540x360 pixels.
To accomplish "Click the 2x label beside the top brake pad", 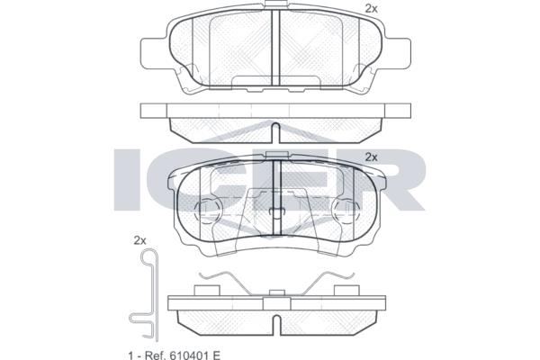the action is (371, 9).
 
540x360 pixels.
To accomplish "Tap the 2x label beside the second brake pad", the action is (371, 157).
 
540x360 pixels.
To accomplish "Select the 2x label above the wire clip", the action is (139, 240).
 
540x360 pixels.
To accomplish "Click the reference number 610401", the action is (189, 355).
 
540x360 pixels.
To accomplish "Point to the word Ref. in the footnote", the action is (155, 355).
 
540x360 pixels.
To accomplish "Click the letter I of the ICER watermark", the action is (128, 179).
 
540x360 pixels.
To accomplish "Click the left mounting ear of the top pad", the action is (154, 54).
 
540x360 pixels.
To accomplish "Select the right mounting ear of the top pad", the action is (398, 54).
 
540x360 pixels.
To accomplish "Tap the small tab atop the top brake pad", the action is (276, 4).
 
